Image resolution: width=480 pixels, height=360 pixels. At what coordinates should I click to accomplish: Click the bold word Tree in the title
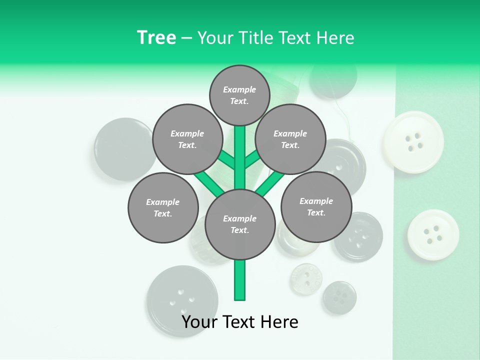click(156, 37)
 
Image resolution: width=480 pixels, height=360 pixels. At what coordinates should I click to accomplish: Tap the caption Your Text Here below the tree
click(240, 322)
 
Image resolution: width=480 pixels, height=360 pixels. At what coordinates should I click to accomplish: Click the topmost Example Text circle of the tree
click(239, 95)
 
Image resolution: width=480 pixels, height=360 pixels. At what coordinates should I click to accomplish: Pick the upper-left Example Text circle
click(187, 139)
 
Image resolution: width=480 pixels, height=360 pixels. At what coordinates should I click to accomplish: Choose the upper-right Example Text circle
click(290, 139)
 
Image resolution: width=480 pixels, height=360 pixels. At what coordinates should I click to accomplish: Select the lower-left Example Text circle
click(163, 207)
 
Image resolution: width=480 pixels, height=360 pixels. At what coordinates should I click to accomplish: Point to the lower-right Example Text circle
click(316, 206)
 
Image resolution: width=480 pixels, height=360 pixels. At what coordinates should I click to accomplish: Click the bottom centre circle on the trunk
click(240, 224)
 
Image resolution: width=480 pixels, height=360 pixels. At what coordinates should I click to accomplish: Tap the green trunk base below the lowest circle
click(240, 280)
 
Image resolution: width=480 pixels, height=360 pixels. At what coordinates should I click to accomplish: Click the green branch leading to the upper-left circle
click(226, 160)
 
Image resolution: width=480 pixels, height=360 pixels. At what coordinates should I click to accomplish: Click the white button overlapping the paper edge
click(413, 142)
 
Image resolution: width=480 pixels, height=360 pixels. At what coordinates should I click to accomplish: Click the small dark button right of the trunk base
click(339, 297)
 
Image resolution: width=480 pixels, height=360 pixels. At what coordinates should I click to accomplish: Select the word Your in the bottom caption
click(200, 322)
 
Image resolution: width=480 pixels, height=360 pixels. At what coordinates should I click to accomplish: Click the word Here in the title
click(335, 37)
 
